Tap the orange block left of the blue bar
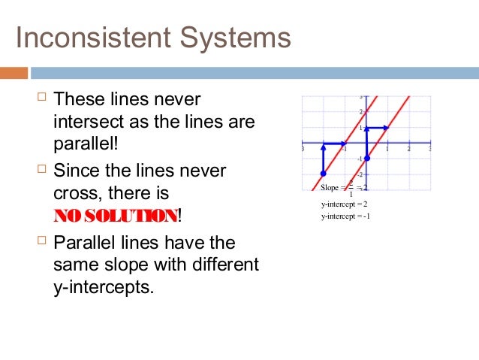(x=14, y=73)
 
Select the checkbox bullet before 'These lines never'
(x=42, y=98)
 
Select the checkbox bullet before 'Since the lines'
(x=42, y=171)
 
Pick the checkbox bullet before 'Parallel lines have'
(x=42, y=242)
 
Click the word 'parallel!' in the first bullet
(x=86, y=143)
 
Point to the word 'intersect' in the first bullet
(x=84, y=121)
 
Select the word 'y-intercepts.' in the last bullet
(x=104, y=287)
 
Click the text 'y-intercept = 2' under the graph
(x=344, y=204)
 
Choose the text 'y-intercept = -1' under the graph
(x=345, y=216)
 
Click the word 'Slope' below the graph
(x=330, y=188)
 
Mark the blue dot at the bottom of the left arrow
(x=323, y=174)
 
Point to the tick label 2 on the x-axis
(x=409, y=149)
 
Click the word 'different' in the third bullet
(x=224, y=265)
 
